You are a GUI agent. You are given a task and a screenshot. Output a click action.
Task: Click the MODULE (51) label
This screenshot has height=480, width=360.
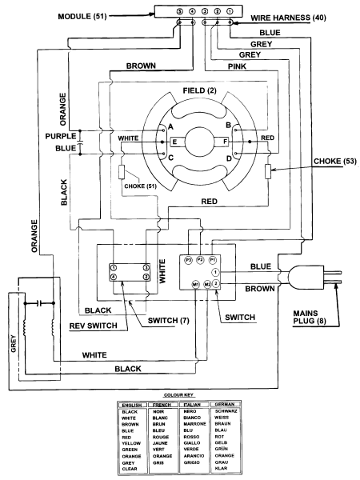point(82,16)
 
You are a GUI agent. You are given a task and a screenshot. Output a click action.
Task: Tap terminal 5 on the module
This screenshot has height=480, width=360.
point(180,12)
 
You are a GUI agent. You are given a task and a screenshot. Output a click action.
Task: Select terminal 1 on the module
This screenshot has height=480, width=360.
point(230,12)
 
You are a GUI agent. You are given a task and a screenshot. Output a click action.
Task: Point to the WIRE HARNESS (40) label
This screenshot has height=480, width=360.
point(288,18)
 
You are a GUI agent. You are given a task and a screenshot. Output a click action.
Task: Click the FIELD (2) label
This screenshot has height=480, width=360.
point(199,90)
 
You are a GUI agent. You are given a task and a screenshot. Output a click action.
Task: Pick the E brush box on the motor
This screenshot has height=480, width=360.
point(178,142)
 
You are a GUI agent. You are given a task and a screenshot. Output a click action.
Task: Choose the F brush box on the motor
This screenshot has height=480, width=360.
point(222,142)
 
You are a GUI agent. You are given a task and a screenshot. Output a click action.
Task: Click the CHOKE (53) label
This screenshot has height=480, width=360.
point(335,161)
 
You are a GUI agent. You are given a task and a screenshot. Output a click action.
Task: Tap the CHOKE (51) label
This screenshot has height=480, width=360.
point(140,186)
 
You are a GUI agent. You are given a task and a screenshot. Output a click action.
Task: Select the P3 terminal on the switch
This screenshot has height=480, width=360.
point(188,260)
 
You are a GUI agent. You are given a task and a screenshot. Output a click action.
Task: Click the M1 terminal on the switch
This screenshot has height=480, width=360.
point(196,285)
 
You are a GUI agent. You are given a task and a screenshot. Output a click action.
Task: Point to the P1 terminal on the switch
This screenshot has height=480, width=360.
point(213,260)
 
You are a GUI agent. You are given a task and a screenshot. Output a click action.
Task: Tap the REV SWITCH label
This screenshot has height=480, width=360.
point(93,326)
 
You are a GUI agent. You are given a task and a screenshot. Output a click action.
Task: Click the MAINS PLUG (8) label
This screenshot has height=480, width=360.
point(310,317)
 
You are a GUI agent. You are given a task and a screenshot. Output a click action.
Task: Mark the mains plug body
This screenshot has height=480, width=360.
point(306,278)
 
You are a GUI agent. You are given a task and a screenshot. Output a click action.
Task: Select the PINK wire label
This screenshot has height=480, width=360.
point(238,66)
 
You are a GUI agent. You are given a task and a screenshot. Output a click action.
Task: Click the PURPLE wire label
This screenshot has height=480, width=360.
point(61,136)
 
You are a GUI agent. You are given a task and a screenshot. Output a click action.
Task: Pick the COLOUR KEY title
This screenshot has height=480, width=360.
point(178,395)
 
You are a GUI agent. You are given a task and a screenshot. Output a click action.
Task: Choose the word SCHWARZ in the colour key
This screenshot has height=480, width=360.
point(226,411)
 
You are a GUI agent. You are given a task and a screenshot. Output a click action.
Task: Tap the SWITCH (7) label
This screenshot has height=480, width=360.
point(168,321)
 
